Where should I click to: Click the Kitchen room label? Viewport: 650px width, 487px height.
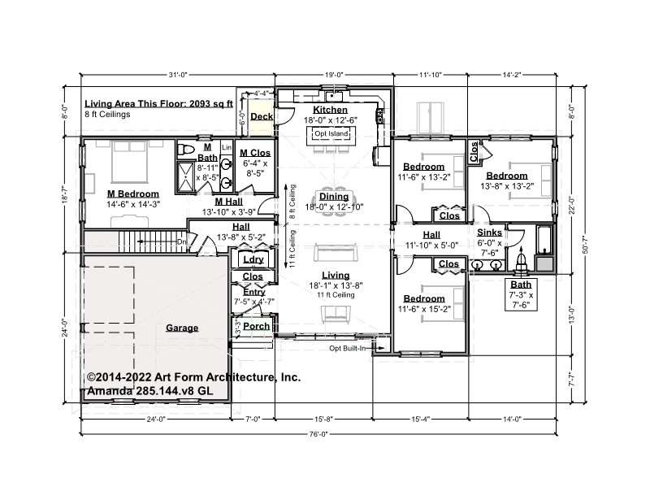coord(330,110)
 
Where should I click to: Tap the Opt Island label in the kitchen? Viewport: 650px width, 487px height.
coord(331,133)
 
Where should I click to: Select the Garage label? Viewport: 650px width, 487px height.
coord(182,328)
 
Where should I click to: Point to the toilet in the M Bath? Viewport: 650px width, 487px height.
coord(186,150)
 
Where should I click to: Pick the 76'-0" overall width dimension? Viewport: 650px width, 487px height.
coord(318,434)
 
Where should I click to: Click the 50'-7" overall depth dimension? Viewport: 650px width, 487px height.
coord(585,245)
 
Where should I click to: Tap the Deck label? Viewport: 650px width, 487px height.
coord(262,116)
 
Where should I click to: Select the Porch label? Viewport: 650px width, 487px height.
coord(256,326)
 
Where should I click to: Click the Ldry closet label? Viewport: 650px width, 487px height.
coord(253,259)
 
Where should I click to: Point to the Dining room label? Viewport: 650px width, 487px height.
coord(334,196)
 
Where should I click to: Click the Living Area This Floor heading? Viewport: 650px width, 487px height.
coord(158,104)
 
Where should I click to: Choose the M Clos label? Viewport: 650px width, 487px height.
coord(255,153)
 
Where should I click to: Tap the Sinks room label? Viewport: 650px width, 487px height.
coord(489,233)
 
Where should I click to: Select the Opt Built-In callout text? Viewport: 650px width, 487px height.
coord(348,349)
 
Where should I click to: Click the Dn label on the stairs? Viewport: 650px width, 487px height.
coord(181,241)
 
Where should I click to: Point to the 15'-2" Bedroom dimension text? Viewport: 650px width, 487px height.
coord(424,310)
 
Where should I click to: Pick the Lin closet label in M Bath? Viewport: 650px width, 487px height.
coord(227,147)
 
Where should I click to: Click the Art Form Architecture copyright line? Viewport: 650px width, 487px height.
coord(193,377)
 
